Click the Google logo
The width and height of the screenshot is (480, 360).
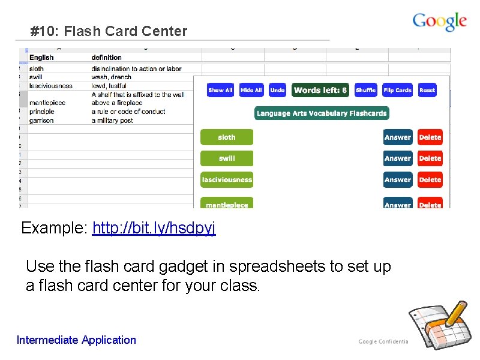click(439, 22)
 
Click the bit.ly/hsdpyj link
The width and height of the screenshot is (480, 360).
click(154, 228)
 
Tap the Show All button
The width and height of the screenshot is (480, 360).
click(220, 90)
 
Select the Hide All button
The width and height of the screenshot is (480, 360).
click(251, 90)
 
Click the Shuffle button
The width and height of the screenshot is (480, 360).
click(365, 90)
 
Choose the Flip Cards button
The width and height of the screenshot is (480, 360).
click(397, 90)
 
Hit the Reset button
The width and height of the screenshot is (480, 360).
click(427, 90)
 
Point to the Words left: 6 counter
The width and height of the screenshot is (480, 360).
click(320, 90)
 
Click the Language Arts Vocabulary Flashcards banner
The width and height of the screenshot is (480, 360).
click(321, 113)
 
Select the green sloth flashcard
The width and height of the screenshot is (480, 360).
click(227, 137)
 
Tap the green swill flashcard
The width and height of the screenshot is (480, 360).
click(227, 158)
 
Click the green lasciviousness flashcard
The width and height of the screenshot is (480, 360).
click(227, 179)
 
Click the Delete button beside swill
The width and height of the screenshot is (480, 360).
click(430, 158)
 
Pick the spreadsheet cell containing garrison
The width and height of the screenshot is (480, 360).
click(41, 121)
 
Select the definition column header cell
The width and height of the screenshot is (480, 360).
click(107, 58)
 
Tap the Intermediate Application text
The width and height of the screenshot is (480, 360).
click(76, 340)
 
